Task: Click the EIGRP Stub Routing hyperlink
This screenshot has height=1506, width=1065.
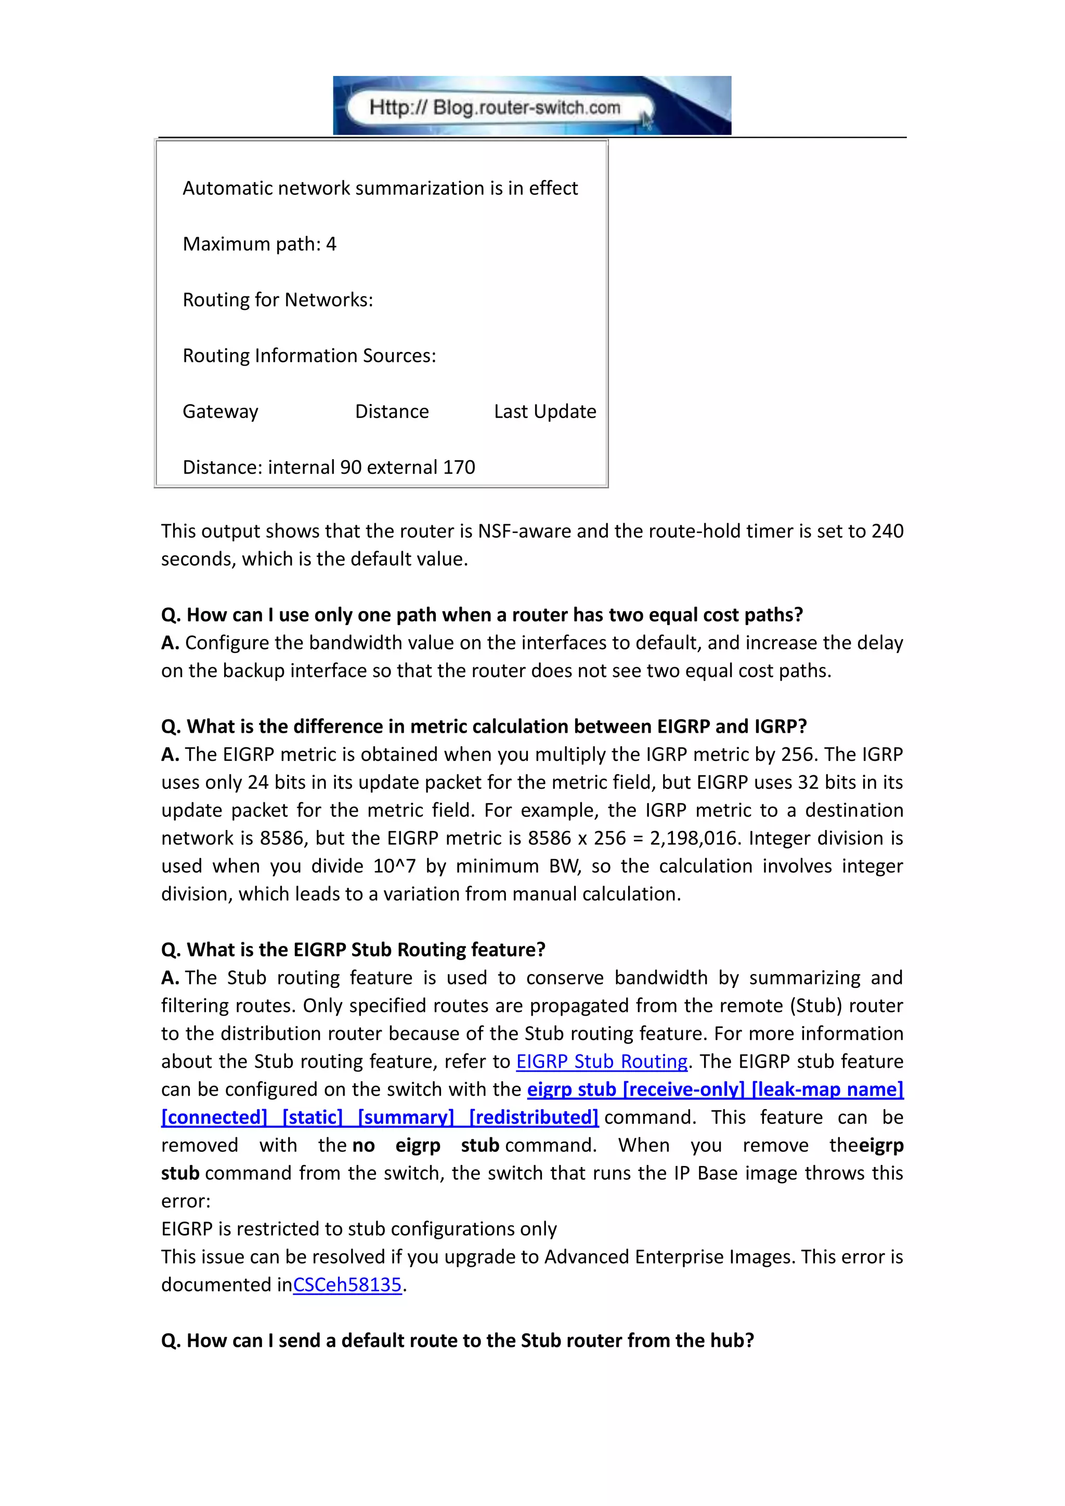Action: pos(601,1061)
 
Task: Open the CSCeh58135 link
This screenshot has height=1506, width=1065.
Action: pos(347,1284)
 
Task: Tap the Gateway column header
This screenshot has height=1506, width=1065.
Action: pos(220,411)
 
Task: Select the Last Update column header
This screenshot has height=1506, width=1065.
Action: pos(545,411)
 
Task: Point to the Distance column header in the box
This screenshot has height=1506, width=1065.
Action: pos(392,411)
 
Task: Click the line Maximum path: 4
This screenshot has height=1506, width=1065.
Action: pos(259,244)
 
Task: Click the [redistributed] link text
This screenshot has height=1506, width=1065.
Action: pos(534,1117)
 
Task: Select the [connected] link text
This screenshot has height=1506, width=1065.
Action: pos(214,1117)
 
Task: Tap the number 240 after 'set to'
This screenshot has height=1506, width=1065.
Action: pos(887,530)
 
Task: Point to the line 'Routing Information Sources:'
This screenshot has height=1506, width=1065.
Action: pos(309,356)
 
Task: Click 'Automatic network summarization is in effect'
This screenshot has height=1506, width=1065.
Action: pos(380,188)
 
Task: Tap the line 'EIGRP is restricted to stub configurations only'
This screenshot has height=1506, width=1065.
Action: pos(359,1228)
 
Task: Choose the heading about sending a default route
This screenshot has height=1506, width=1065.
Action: pos(457,1340)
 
